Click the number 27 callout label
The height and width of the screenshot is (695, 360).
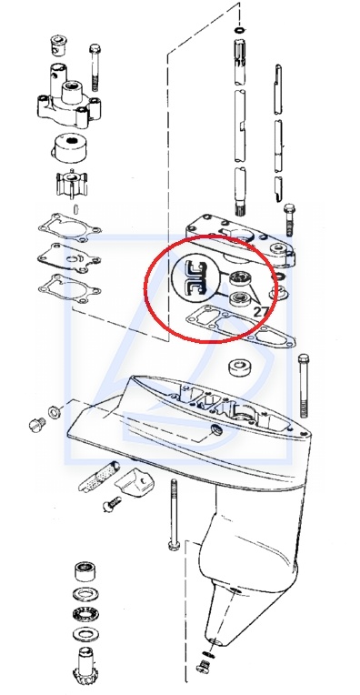[x=261, y=311]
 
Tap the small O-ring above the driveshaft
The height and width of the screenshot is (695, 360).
[x=240, y=30]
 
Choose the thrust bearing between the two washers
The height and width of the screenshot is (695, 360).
[x=85, y=614]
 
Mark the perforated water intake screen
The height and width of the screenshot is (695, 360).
[x=99, y=477]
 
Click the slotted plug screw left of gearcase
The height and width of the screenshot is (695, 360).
[x=36, y=425]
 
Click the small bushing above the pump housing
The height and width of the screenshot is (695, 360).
[x=56, y=45]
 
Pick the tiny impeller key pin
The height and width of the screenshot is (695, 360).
[x=75, y=208]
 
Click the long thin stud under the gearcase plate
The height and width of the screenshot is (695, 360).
[x=174, y=514]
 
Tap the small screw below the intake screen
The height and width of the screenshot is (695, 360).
[x=112, y=504]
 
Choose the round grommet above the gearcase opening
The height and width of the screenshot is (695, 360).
[x=240, y=367]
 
